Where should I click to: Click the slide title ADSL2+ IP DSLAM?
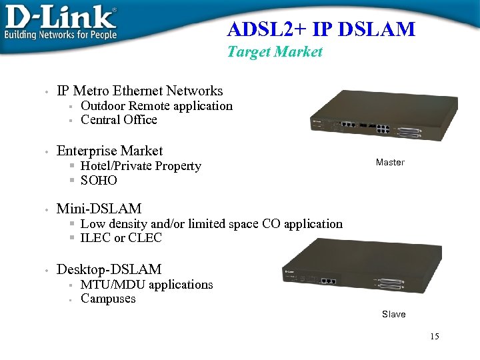click(321, 29)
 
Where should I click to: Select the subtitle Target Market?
click(275, 51)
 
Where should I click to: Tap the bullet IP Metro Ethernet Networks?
click(140, 91)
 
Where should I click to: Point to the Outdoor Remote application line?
click(157, 106)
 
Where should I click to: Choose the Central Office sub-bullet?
click(119, 120)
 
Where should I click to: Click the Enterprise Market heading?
click(110, 151)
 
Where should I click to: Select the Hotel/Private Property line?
click(141, 166)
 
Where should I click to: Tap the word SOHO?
click(99, 181)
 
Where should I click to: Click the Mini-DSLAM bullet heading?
click(99, 209)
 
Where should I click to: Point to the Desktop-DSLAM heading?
click(109, 269)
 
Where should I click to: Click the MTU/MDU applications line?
click(147, 285)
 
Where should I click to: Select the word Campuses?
click(108, 299)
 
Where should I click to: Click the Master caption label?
click(390, 162)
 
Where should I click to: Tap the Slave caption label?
click(393, 314)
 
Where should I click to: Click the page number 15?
click(435, 337)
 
